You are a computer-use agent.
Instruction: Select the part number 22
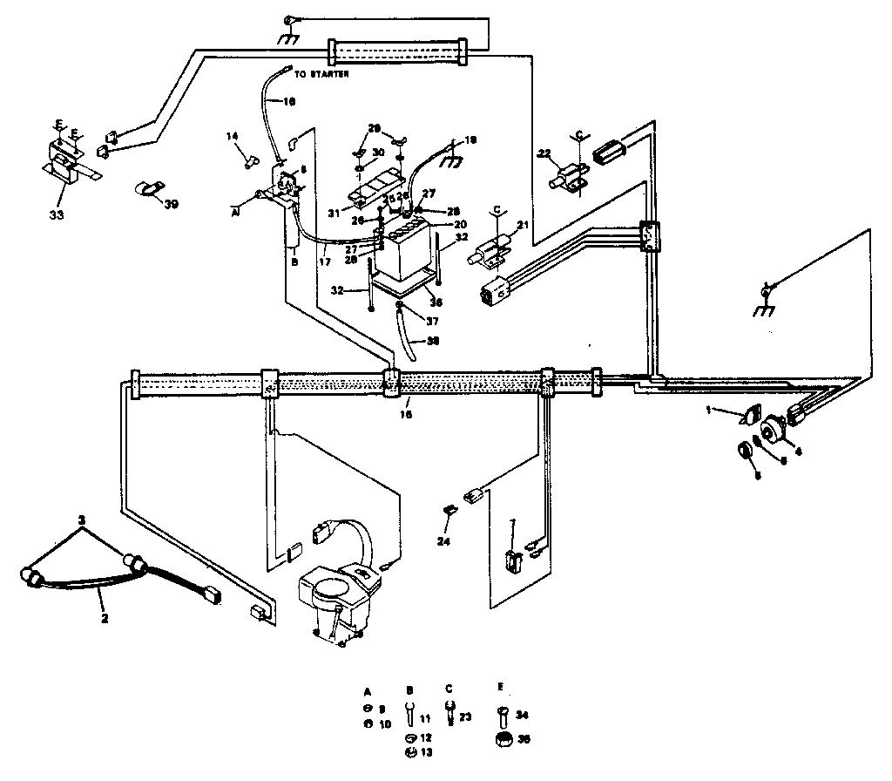tap(544, 154)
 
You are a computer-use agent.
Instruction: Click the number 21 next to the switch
tap(523, 226)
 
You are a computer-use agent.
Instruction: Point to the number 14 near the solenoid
tap(233, 137)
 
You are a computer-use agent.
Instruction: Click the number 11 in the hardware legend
tap(426, 720)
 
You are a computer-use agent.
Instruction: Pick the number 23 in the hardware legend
tap(466, 716)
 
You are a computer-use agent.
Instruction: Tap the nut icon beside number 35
tap(503, 739)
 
